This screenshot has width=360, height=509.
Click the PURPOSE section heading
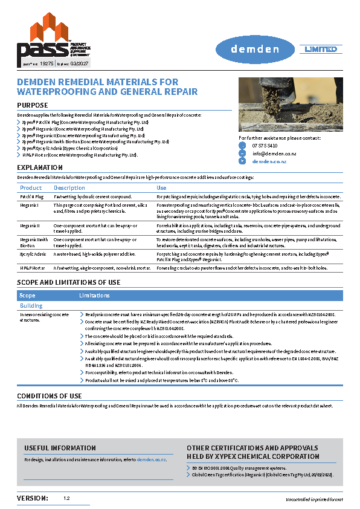[33, 105]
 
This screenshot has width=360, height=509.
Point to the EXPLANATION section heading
[39, 167]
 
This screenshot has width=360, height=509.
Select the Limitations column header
[95, 296]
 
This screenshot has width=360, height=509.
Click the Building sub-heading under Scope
[31, 306]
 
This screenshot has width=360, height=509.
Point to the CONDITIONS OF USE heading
[50, 396]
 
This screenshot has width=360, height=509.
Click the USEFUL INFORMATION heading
[60, 448]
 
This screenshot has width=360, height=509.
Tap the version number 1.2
[66, 499]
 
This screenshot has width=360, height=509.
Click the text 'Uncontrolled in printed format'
[314, 500]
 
